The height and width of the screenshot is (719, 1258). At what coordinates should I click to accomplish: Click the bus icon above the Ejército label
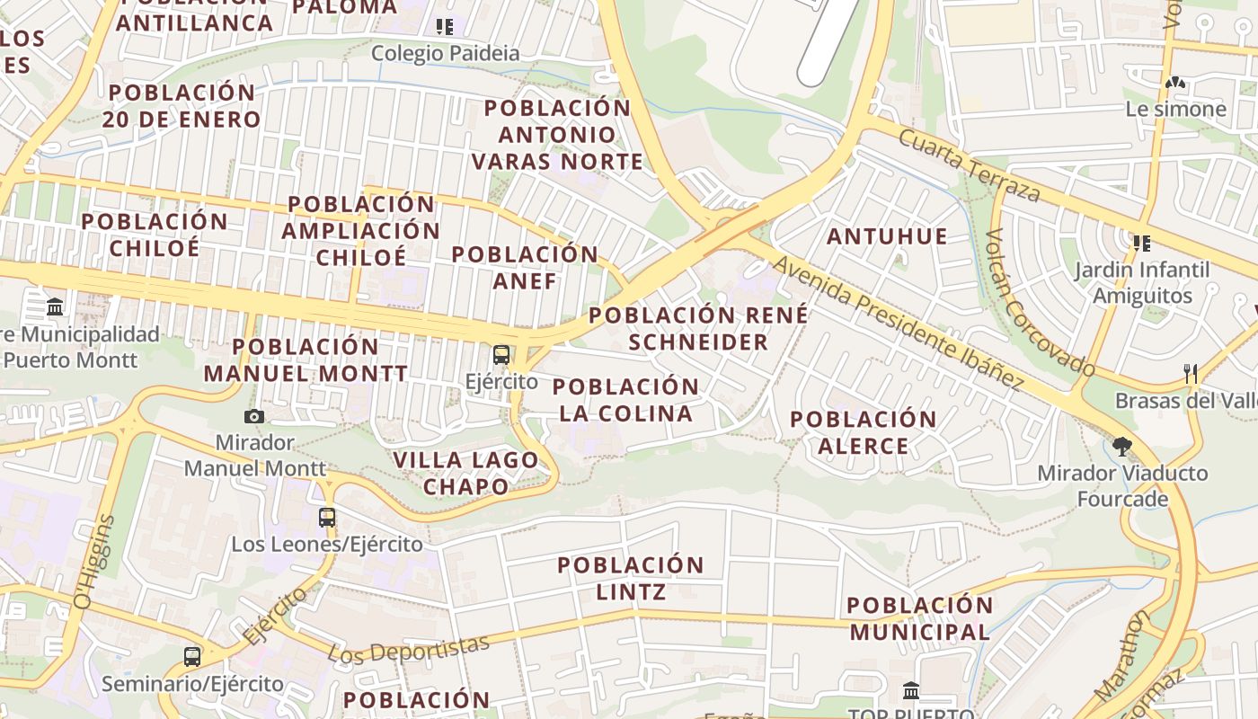click(x=501, y=354)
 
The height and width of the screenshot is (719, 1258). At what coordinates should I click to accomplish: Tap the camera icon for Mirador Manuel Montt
click(x=254, y=416)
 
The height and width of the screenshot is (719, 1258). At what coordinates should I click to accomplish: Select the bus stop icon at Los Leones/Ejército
click(x=327, y=518)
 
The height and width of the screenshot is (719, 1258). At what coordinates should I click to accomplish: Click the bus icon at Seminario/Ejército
click(x=192, y=657)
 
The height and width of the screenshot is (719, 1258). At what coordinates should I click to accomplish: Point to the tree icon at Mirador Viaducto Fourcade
click(x=1121, y=446)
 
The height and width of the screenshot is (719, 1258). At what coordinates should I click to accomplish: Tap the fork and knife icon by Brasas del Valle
click(x=1191, y=374)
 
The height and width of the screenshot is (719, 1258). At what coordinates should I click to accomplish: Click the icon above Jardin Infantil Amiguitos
click(x=1142, y=243)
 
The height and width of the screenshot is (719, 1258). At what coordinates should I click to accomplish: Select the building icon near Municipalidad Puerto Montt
click(x=55, y=307)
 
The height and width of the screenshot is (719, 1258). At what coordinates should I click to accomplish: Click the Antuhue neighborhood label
click(x=887, y=236)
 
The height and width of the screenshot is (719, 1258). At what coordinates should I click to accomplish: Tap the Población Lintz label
click(x=631, y=578)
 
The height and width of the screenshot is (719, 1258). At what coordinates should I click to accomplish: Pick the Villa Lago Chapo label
click(x=465, y=473)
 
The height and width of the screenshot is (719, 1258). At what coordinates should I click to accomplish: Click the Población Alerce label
click(x=863, y=431)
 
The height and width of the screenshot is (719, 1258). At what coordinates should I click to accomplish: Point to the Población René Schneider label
click(x=698, y=328)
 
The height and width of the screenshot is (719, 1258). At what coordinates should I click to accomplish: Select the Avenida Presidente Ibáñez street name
click(x=898, y=324)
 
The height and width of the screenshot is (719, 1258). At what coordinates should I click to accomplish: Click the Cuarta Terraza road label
click(x=970, y=165)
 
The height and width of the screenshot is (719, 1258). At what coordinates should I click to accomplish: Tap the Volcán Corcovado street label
click(x=1040, y=303)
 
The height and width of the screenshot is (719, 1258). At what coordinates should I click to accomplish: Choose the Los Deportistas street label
click(x=409, y=650)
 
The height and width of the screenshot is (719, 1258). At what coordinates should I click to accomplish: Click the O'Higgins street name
click(x=95, y=562)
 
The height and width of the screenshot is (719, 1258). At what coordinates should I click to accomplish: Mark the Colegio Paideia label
click(x=445, y=53)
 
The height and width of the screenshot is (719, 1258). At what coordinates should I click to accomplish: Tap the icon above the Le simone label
click(x=1174, y=83)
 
